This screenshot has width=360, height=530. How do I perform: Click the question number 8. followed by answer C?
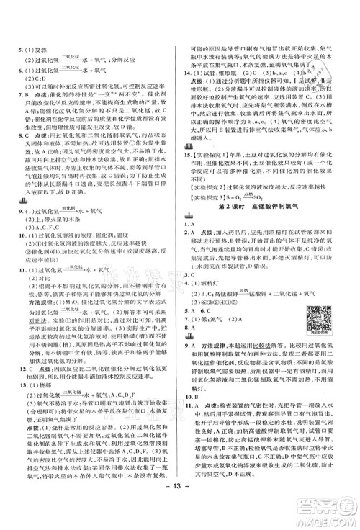(17, 135)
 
